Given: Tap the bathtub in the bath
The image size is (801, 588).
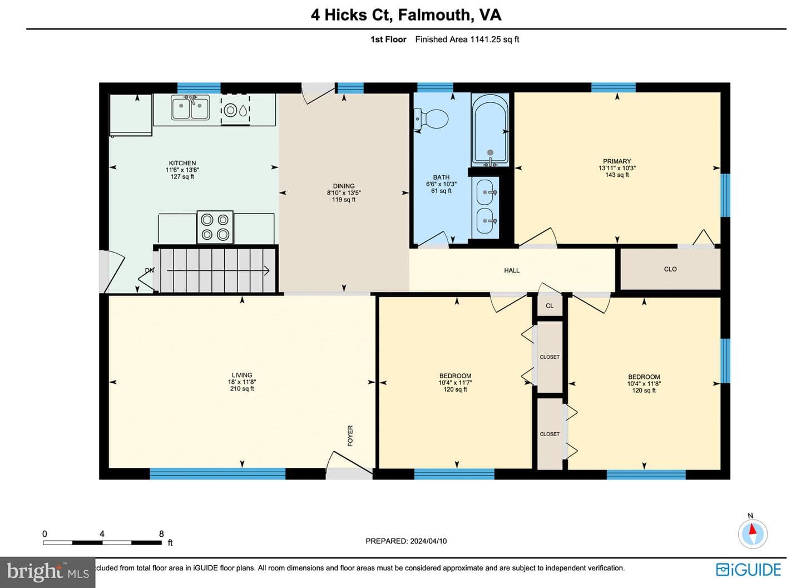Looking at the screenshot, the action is click(x=490, y=130).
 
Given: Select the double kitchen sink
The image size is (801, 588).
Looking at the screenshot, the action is click(x=190, y=107).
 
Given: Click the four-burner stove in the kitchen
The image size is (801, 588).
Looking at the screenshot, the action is click(x=215, y=227).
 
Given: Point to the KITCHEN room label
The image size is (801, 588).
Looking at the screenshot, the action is click(x=182, y=163).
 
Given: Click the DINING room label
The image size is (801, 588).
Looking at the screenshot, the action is click(x=344, y=186).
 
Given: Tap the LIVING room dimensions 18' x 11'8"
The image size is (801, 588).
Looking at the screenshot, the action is click(x=242, y=382).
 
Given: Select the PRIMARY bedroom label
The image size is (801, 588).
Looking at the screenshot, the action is click(x=617, y=161).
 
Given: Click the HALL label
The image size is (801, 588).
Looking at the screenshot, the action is click(x=512, y=270).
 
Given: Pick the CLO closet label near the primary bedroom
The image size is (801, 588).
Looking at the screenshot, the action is click(x=670, y=269).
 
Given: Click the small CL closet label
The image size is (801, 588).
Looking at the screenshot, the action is click(x=550, y=306).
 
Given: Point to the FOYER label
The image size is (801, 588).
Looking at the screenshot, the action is click(x=350, y=436).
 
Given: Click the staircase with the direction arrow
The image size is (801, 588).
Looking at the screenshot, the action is click(x=217, y=271).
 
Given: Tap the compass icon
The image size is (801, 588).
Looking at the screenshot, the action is click(x=753, y=534).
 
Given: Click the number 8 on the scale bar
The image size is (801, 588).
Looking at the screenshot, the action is click(x=162, y=534).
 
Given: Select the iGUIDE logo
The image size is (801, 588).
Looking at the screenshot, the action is click(x=749, y=570).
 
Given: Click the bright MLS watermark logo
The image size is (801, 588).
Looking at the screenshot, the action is click(x=48, y=571).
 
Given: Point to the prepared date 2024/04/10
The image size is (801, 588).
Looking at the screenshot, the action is click(x=428, y=541).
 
